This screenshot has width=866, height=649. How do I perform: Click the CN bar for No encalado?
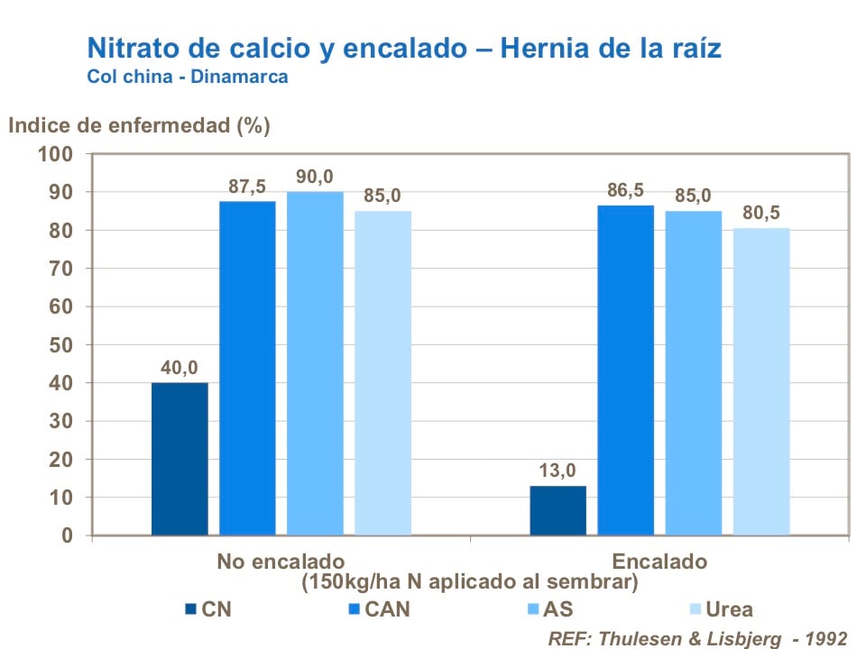[180, 459]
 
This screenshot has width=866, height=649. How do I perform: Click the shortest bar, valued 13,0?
[557, 510]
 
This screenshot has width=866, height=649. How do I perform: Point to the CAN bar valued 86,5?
[625, 370]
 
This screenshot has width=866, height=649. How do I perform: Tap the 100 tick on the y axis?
[54, 154]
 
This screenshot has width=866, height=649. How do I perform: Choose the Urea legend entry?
[729, 609]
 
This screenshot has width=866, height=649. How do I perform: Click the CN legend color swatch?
[189, 609]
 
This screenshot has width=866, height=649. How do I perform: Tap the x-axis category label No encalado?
[280, 562]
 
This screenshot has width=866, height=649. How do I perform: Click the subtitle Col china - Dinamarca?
[188, 77]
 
